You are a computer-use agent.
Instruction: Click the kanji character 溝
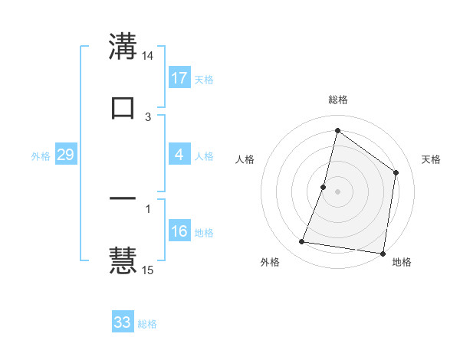tap(123, 47)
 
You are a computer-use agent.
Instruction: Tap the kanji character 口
tap(123, 107)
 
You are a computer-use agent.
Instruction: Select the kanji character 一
tap(123, 199)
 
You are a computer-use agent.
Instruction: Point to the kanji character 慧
tap(123, 260)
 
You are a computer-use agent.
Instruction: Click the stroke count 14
tap(148, 57)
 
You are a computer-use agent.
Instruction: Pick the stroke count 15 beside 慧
tap(148, 270)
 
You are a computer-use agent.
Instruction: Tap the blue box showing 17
tap(179, 78)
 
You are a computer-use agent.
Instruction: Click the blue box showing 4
tap(179, 155)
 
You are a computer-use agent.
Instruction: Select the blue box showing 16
tap(179, 231)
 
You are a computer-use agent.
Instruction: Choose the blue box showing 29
tap(65, 155)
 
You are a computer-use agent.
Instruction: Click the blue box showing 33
tap(123, 322)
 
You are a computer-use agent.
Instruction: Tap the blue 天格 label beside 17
tap(204, 80)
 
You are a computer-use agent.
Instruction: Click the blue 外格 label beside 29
tap(41, 156)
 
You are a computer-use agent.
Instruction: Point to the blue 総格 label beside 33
tap(147, 324)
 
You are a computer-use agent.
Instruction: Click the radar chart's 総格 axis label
tap(337, 100)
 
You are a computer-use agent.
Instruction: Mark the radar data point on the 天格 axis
tap(396, 172)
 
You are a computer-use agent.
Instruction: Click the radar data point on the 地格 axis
tap(382, 253)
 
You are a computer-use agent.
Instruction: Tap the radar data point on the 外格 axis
tap(302, 242)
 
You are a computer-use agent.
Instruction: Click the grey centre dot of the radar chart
tap(337, 191)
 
